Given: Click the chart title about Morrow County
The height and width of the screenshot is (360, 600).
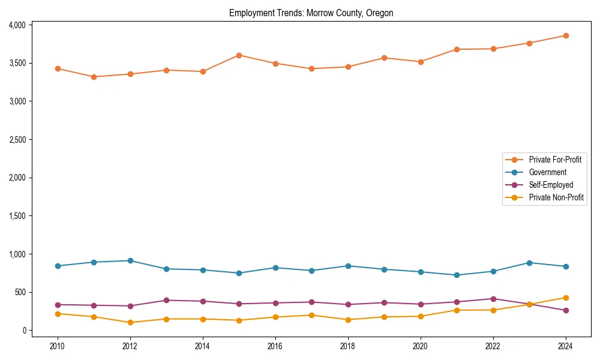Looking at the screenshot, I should (311, 13).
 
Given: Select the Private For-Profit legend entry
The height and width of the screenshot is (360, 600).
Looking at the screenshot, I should (555, 160).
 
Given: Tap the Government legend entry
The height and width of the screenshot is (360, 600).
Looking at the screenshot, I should (547, 172).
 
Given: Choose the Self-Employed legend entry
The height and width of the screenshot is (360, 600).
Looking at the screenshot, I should (551, 185).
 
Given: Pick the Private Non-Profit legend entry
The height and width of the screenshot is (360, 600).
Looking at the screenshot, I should (556, 197).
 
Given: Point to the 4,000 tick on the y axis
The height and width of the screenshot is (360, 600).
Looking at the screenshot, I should (17, 25).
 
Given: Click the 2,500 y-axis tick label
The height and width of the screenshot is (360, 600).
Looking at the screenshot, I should (17, 140).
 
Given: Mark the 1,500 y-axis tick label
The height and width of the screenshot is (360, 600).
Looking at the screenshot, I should (17, 216).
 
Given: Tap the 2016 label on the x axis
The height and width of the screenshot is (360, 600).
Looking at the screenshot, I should (275, 346).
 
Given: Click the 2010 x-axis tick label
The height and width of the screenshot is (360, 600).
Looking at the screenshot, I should (58, 346).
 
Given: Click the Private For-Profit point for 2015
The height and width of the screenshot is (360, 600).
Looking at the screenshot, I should (239, 55).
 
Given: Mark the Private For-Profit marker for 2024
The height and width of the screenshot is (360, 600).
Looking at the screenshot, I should (566, 35).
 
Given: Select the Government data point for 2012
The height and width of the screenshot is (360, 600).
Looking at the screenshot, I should (130, 261).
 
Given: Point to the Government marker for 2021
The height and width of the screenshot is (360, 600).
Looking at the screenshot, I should (457, 275).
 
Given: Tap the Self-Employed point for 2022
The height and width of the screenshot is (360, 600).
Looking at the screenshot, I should (493, 299).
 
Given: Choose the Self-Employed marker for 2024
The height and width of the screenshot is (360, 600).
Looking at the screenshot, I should (566, 310).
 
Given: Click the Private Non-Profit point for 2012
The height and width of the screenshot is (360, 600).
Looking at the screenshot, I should (130, 322).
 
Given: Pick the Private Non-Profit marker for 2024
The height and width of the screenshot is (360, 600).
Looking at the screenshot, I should (566, 298).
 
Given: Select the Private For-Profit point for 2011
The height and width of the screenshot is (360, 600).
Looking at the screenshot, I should (94, 77).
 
